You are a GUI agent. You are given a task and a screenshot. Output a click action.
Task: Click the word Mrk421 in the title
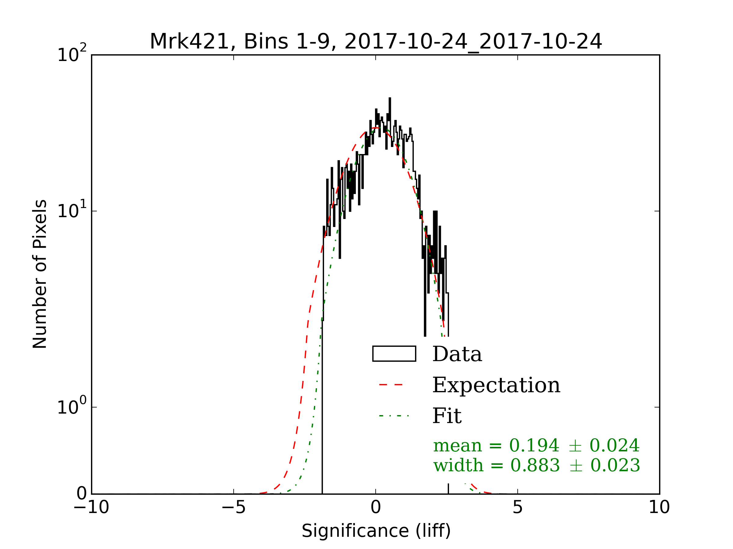coord(189,42)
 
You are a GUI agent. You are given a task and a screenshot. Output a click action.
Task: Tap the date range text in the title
coord(473,42)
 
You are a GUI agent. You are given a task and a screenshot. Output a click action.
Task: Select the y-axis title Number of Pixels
coord(40,274)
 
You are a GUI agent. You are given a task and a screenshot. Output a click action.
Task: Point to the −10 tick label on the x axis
coord(91,507)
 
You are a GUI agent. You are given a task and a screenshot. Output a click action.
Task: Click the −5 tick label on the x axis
coord(233,507)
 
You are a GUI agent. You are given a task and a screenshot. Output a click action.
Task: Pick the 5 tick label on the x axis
coord(518,507)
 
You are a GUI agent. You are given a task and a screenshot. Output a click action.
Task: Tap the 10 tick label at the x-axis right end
coord(659,507)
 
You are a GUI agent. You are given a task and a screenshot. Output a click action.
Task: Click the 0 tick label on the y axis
coord(82,494)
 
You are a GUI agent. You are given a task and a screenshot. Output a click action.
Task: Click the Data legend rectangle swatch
coord(394,354)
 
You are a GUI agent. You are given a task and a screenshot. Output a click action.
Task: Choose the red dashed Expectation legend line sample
coord(391,385)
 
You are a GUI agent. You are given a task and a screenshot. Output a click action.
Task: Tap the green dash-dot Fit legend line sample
coord(394,416)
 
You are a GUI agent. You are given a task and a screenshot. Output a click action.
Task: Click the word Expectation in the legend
coord(496,385)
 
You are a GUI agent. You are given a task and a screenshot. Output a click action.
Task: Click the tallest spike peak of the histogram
coord(390,98)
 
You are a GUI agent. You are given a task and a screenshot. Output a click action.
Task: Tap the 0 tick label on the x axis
coord(376,507)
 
